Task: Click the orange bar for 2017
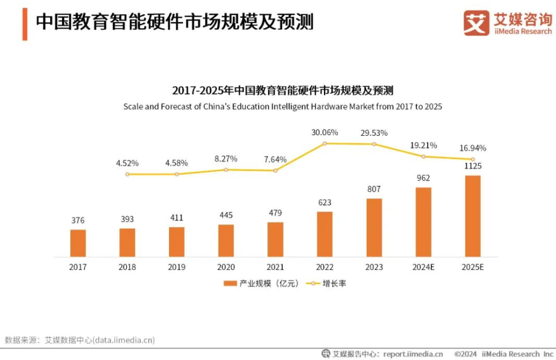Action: (x=78, y=243)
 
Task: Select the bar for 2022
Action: (x=325, y=234)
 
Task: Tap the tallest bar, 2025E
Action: (x=473, y=216)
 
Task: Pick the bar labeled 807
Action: (x=374, y=228)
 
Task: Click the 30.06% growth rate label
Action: (x=325, y=132)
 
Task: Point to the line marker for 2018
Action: (x=127, y=174)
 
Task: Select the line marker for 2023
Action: (x=374, y=144)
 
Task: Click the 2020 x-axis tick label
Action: (x=226, y=267)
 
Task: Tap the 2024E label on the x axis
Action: (x=424, y=267)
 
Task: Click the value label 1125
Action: (x=473, y=166)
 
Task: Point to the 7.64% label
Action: (x=275, y=159)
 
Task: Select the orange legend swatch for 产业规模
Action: (x=230, y=283)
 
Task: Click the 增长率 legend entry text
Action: (x=335, y=283)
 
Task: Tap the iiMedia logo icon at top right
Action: (x=476, y=23)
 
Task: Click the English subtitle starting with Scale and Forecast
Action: (x=283, y=106)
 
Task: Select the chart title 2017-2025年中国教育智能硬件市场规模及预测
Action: (x=283, y=91)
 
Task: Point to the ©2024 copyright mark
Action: (x=465, y=354)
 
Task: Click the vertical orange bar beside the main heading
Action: (x=25, y=24)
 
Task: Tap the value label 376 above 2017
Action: (x=78, y=220)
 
